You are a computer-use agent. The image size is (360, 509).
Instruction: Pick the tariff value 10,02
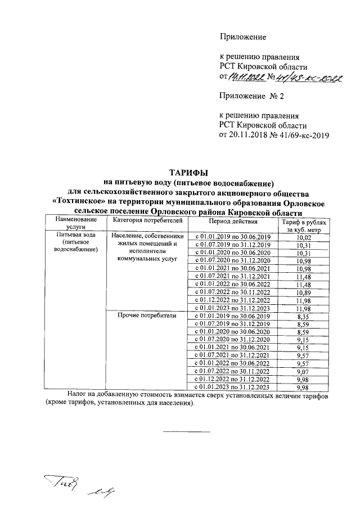pyautogui.click(x=303, y=238)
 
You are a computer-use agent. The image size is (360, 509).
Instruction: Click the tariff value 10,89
pyautogui.click(x=303, y=291)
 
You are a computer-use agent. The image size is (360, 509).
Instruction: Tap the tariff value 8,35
pyautogui.click(x=303, y=318)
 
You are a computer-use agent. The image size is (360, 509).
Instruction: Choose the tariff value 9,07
pyautogui.click(x=303, y=371)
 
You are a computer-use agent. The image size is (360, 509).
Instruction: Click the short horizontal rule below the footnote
pyautogui.click(x=186, y=431)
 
